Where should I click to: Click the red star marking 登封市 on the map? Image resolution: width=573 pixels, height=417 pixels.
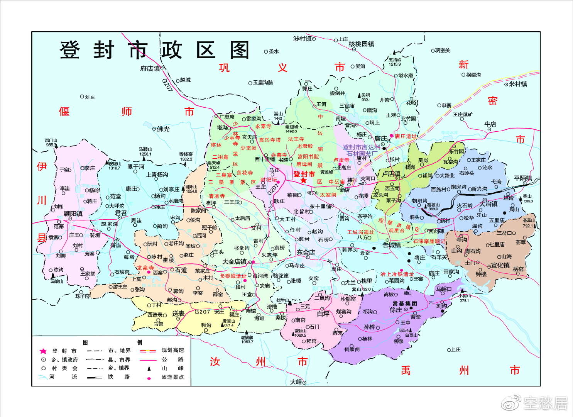point(304,180)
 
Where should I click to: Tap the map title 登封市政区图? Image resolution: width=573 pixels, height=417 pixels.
point(154,50)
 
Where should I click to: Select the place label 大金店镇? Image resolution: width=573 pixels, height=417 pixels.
point(234,261)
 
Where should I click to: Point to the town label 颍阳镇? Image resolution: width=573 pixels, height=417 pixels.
point(73,214)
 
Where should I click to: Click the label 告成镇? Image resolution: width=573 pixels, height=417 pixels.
point(391,245)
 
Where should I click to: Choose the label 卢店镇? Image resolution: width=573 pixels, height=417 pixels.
point(391,174)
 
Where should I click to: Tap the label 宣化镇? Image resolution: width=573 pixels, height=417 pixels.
point(500,265)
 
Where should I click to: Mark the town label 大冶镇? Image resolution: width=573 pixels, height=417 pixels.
point(488,203)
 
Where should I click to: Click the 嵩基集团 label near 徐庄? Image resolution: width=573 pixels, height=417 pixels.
point(405,303)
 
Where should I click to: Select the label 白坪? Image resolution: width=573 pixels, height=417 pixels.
point(323,314)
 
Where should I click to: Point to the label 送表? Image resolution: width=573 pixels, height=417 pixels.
point(178,314)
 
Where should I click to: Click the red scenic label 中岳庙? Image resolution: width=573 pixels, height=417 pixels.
point(336,182)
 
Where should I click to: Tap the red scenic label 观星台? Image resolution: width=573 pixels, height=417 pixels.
point(396,231)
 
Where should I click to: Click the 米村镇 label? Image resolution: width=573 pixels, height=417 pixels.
point(517,84)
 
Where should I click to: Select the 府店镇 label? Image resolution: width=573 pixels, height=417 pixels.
point(150,68)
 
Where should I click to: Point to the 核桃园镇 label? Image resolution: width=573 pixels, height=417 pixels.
point(361,44)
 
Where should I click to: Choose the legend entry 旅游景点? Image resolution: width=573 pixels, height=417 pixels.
point(172,377)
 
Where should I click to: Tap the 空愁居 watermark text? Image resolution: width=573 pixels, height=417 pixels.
point(545,403)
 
